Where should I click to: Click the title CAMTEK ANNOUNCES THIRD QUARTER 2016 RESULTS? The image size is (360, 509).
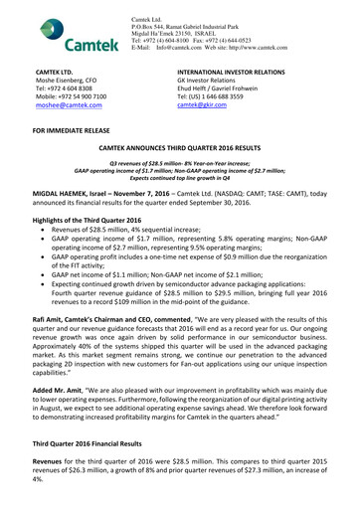180,148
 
